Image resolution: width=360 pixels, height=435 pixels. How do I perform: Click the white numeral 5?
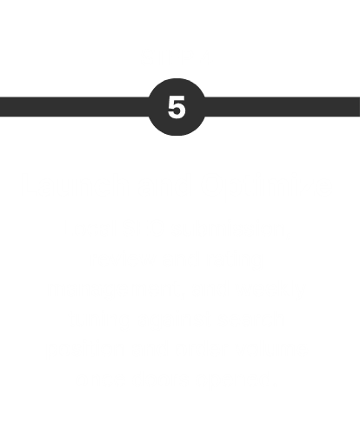pos(177,107)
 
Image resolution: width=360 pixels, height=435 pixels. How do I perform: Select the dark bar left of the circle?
pos(74,107)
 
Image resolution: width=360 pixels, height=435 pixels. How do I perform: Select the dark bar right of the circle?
pos(283,107)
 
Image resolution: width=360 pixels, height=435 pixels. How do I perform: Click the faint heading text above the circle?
pos(177,58)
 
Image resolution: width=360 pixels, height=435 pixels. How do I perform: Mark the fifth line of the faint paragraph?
pos(177,320)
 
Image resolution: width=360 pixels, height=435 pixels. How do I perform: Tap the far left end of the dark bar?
pos(1,107)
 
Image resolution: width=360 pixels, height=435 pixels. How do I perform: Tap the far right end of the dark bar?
pos(359,107)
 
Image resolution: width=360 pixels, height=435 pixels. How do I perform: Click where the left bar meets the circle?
pos(149,107)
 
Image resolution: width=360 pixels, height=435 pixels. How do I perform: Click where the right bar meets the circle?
pos(204,107)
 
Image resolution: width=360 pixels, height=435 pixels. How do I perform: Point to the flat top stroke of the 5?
pos(177,97)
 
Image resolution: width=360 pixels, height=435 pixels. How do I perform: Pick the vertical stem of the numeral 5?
pos(171,102)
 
